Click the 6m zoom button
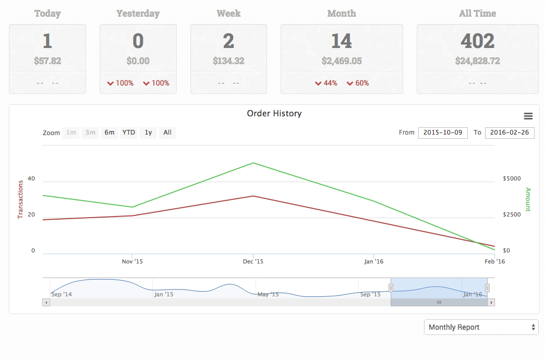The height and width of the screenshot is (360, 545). pos(109,133)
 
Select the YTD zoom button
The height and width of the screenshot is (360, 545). pos(128,133)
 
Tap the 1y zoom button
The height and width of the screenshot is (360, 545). pos(148,133)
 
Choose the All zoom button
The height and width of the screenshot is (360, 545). pos(167,133)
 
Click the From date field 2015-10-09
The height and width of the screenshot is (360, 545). pos(443,133)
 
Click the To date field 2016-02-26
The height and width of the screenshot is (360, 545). pos(510,133)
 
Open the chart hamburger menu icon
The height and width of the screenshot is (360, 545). pos(528,116)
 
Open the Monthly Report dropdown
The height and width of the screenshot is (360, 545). pos(481,327)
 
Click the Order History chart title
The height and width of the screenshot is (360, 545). pos(274,113)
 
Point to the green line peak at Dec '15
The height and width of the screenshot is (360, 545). pos(253,163)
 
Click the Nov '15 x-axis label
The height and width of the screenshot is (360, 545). pos(132,261)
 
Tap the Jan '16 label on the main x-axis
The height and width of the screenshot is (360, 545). pos(373,261)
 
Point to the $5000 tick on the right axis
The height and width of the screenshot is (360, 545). pos(512,178)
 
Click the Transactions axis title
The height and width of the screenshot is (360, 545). pos(21,199)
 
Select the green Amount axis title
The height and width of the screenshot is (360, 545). pos(528,199)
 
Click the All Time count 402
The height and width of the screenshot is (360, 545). pos(477,41)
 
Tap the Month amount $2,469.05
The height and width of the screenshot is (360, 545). pos(342,61)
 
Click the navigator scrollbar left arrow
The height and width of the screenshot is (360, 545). pos(46,302)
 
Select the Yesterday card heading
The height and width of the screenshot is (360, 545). pos(138,14)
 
